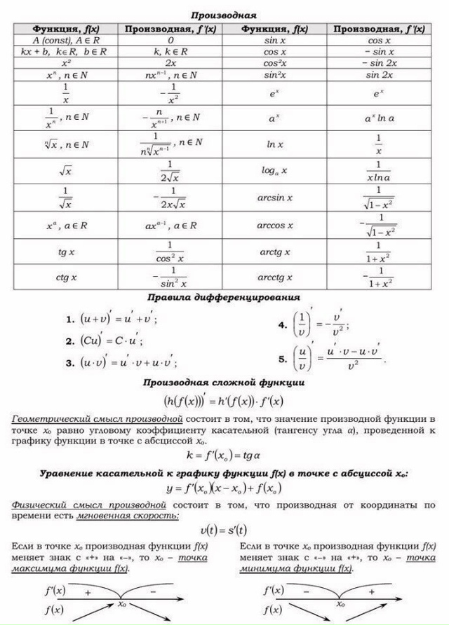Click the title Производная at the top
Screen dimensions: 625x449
pos(224,14)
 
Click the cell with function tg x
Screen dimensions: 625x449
pos(67,251)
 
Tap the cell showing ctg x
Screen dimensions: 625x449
pos(67,277)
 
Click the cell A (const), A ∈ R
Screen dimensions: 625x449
pos(67,41)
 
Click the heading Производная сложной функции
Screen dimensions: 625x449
pos(223,383)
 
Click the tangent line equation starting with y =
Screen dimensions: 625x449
pos(223,488)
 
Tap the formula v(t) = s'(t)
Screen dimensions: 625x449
pos(223,530)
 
